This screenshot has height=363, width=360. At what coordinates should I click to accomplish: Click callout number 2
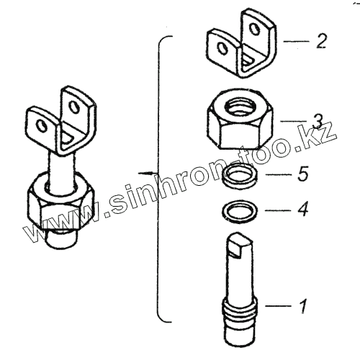point(320,41)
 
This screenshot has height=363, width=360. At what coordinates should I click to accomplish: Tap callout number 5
point(303,174)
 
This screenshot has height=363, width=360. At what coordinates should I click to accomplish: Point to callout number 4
point(302,209)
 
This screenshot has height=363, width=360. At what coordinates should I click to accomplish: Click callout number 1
point(303,305)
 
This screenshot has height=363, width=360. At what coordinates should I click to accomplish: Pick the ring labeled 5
point(240,176)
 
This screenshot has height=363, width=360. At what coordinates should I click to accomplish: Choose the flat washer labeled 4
point(240,210)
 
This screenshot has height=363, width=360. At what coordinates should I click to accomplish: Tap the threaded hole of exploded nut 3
point(240,105)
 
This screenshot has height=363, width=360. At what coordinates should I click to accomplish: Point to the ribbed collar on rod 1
point(240,308)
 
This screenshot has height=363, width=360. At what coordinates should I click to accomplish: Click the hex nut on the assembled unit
point(61,201)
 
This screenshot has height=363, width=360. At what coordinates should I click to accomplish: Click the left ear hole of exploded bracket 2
point(222,48)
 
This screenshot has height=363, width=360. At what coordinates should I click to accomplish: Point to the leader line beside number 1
point(278,305)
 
